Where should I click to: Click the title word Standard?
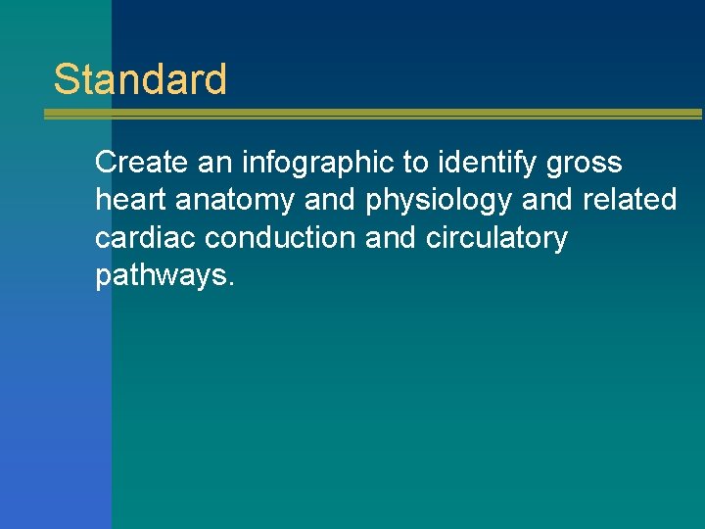click(140, 79)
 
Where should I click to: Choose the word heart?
click(131, 200)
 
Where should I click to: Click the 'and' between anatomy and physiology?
click(331, 200)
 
